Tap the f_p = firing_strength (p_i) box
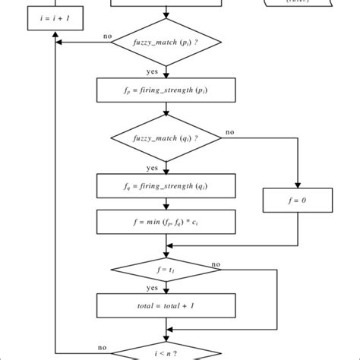tap(166, 90)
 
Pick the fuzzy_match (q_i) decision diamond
tap(166, 138)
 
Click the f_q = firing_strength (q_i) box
tap(166, 185)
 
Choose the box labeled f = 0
tap(297, 201)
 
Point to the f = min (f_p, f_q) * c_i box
tap(166, 223)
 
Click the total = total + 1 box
tap(166, 306)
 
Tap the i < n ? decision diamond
tap(166, 351)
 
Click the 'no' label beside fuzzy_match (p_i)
tap(107, 36)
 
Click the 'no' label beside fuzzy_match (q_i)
tap(229, 131)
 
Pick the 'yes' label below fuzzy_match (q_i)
tap(152, 167)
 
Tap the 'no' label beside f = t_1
tap(216, 264)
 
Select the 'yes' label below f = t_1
tap(152, 289)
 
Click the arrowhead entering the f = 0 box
tap(297, 186)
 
